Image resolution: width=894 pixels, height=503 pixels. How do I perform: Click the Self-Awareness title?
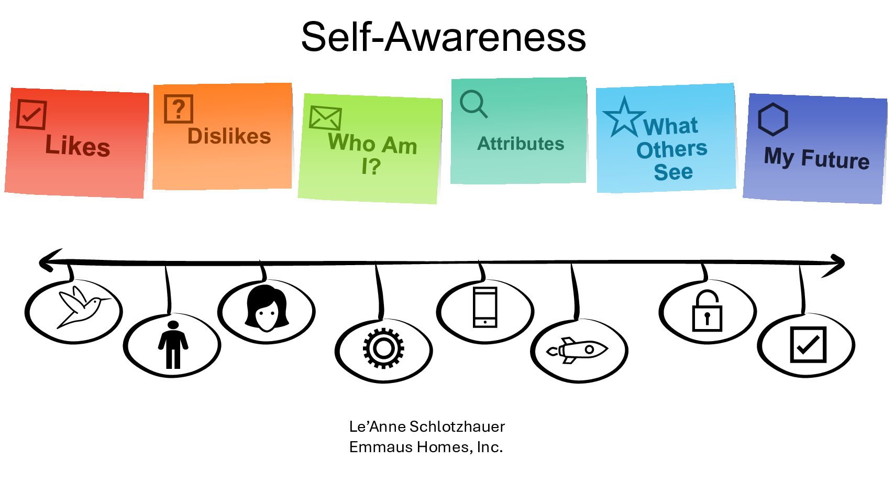coord(443,37)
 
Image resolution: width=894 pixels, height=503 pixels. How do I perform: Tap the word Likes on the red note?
coord(78,145)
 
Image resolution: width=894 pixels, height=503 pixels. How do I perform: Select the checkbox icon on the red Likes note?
coord(31,114)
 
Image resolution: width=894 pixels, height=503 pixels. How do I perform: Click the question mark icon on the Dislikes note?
coord(179,108)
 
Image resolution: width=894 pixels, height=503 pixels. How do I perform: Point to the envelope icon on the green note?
coord(325,117)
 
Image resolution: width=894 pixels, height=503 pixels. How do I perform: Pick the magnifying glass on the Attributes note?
coord(473,104)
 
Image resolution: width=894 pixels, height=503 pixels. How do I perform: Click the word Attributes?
coord(521,144)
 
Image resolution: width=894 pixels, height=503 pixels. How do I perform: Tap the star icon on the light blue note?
coord(623,117)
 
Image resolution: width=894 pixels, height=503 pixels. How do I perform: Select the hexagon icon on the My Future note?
coord(772,119)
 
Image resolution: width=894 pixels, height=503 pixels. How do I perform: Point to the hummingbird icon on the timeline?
coord(81,308)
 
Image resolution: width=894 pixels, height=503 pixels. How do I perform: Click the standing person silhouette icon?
coord(173,345)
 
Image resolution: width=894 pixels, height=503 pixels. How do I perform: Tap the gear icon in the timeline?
coord(383,348)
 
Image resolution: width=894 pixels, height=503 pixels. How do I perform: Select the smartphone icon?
coord(485,308)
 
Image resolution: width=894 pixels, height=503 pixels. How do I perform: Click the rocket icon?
coord(577,350)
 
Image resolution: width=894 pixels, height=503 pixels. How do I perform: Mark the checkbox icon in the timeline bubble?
coord(808,344)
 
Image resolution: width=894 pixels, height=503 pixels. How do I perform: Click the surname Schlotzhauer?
coord(457,427)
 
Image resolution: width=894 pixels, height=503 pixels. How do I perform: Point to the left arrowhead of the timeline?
coord(47,260)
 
